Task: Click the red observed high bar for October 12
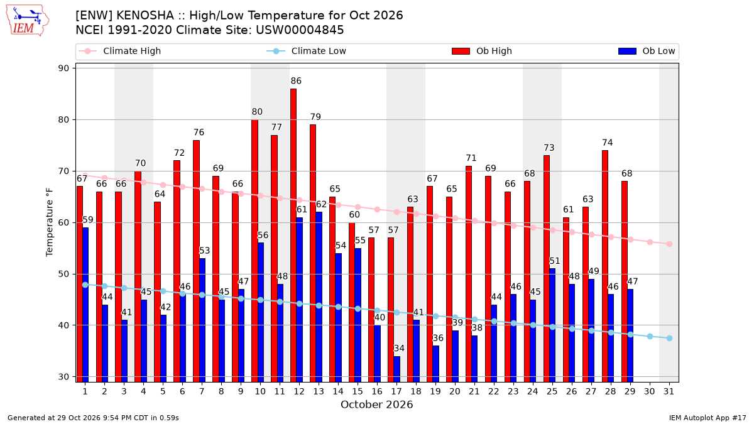(x=293, y=235)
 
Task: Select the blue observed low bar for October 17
(x=397, y=369)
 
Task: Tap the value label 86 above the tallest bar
(x=296, y=81)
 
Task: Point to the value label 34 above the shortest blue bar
(x=399, y=348)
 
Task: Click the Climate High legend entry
(x=119, y=51)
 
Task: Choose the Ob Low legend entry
(x=647, y=51)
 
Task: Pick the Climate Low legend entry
(x=307, y=51)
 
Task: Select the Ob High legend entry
(x=482, y=51)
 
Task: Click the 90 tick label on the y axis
(x=63, y=68)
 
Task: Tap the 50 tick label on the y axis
(x=63, y=275)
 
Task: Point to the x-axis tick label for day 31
(x=669, y=392)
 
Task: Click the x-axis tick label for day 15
(x=358, y=392)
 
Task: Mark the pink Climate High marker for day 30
(x=650, y=242)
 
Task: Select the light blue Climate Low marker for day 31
(x=670, y=338)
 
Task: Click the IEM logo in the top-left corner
(x=27, y=21)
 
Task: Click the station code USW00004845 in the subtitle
(x=300, y=30)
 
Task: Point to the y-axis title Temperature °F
(x=50, y=222)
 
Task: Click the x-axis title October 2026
(x=376, y=405)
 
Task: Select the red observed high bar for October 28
(x=605, y=266)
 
